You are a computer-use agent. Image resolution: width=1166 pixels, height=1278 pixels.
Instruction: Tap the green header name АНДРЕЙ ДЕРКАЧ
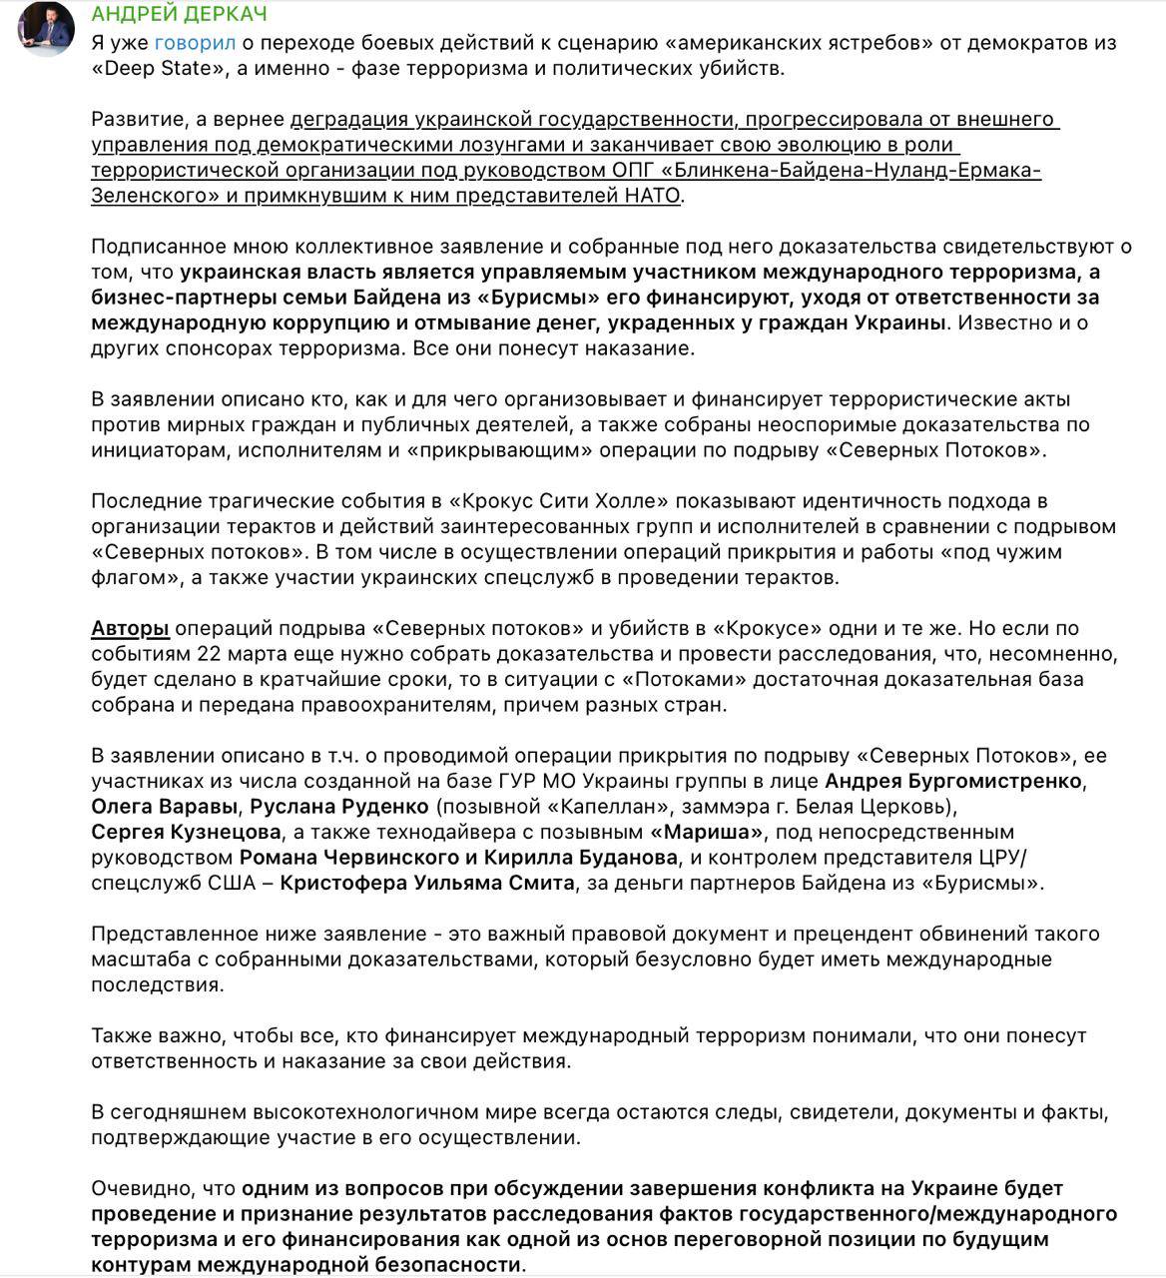click(179, 15)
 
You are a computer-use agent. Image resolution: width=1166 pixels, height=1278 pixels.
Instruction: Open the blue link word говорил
click(195, 43)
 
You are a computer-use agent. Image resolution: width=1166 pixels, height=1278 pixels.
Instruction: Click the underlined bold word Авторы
click(130, 629)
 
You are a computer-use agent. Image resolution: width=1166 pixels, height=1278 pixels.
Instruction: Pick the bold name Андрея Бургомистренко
click(954, 781)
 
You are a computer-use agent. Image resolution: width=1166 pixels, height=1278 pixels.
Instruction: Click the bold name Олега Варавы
click(165, 807)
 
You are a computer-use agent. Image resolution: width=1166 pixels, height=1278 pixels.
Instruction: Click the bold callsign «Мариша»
click(706, 833)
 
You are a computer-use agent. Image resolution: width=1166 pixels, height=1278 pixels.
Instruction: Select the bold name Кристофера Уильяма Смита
click(426, 884)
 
